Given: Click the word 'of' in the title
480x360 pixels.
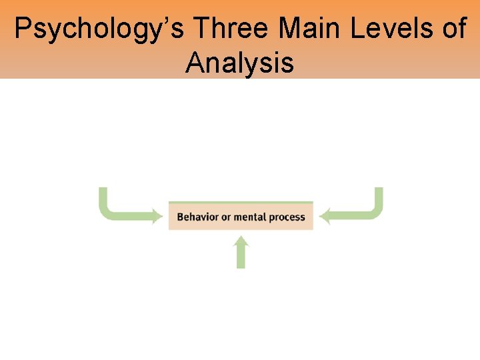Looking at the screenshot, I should pyautogui.click(x=454, y=30).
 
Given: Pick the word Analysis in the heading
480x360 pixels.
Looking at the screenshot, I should pyautogui.click(x=240, y=63).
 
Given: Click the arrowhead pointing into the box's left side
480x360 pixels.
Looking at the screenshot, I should pyautogui.click(x=157, y=216).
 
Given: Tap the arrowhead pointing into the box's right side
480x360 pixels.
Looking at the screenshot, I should pyautogui.click(x=324, y=216).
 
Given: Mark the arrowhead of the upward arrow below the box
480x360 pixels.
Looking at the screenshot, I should pyautogui.click(x=241, y=244).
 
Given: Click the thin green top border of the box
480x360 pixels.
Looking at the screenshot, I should pyautogui.click(x=241, y=202).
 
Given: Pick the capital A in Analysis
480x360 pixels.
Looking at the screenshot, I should pyautogui.click(x=195, y=63).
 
